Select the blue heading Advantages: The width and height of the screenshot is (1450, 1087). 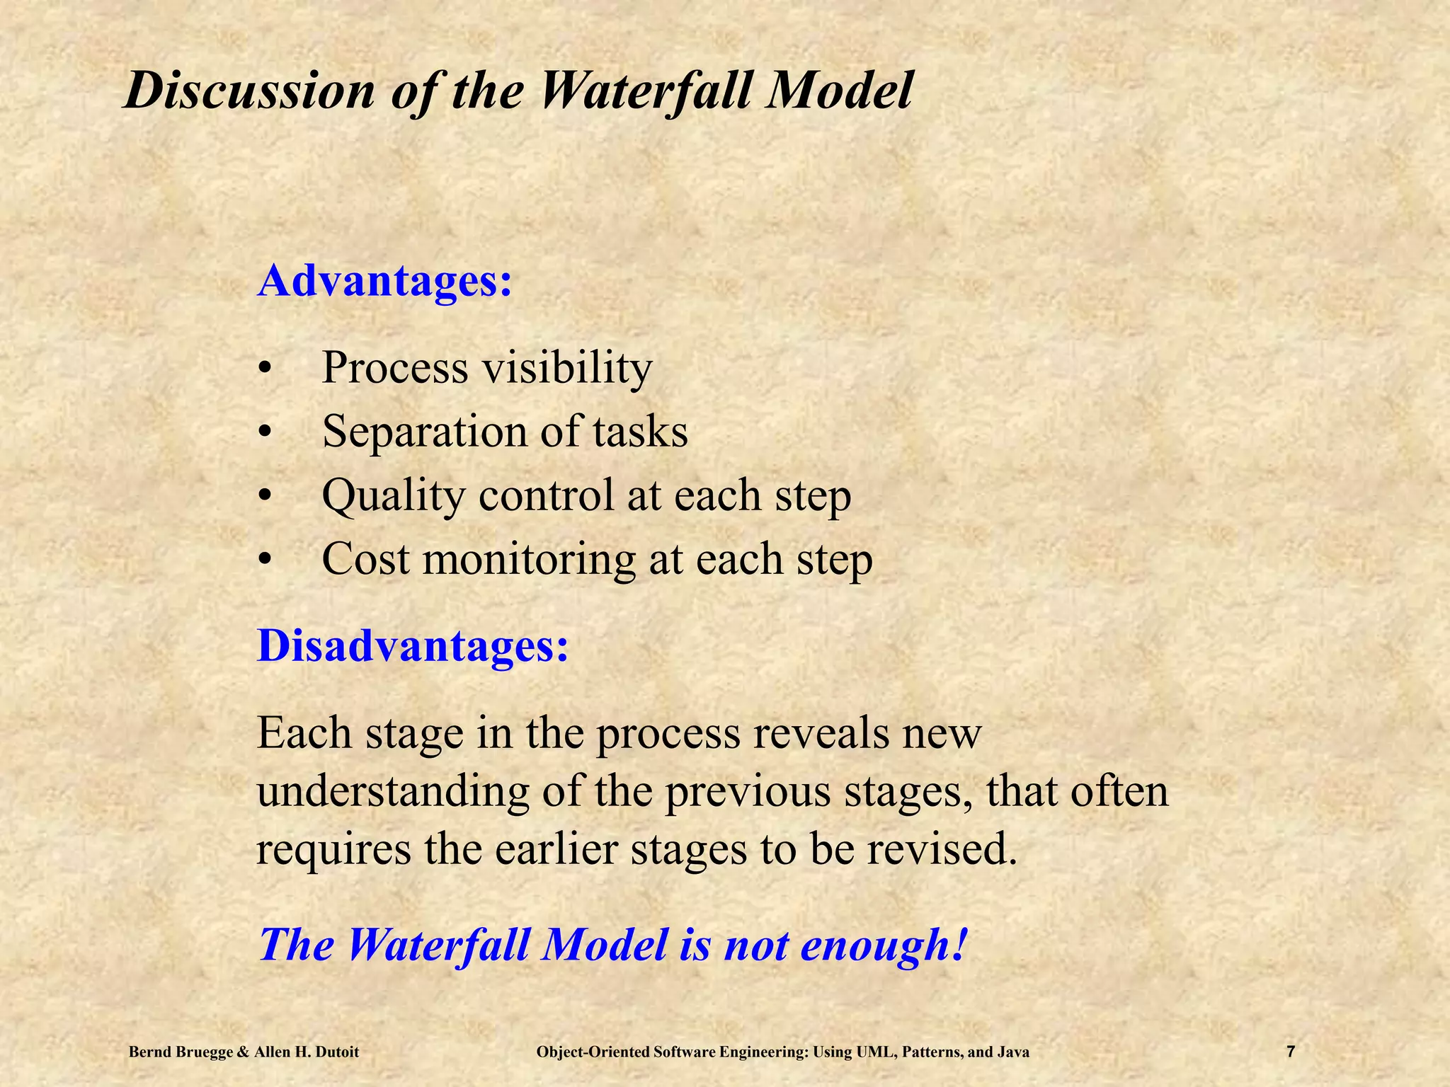384,281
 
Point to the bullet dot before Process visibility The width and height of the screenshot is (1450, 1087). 265,369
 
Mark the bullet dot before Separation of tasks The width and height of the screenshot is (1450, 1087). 265,432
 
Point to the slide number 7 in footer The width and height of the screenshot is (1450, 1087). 1291,1052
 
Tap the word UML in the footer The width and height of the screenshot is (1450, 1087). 877,1052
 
